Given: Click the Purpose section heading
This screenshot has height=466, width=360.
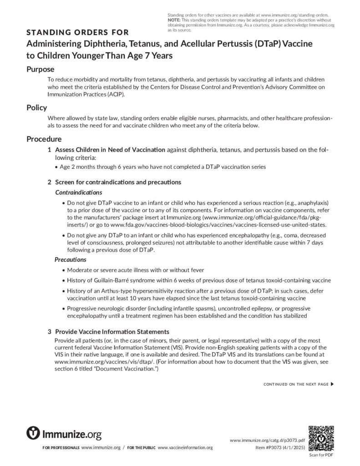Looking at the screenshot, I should point(40,69).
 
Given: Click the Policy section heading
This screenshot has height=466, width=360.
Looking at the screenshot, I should point(36,108).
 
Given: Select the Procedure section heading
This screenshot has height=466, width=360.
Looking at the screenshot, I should point(44,139).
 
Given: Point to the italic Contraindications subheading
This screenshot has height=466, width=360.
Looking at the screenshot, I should point(78,192).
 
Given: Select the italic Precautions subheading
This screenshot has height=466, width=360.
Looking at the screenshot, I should point(71,259).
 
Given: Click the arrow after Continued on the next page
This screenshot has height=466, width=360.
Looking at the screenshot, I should point(332,384).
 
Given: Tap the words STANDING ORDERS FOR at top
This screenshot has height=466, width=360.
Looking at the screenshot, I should point(77,32).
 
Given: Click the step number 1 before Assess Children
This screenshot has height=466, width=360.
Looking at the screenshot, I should point(50,150).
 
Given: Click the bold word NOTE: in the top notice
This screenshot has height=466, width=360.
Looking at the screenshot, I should point(174,20).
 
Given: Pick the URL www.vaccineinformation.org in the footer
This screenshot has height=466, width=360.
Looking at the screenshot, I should point(185,448).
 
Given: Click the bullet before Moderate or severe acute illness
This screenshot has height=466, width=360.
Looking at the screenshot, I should point(63,270).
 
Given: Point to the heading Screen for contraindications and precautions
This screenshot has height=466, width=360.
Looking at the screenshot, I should point(118,182).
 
